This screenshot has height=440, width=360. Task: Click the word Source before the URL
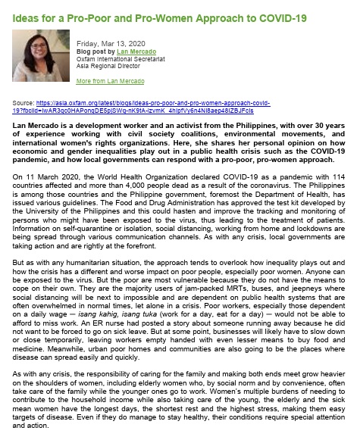tap(23, 101)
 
